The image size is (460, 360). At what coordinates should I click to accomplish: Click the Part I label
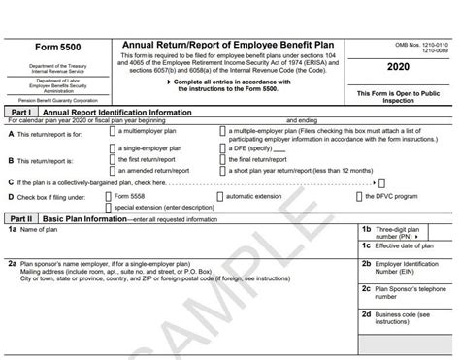tap(22, 113)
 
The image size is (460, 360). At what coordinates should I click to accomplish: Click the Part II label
tap(22, 219)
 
